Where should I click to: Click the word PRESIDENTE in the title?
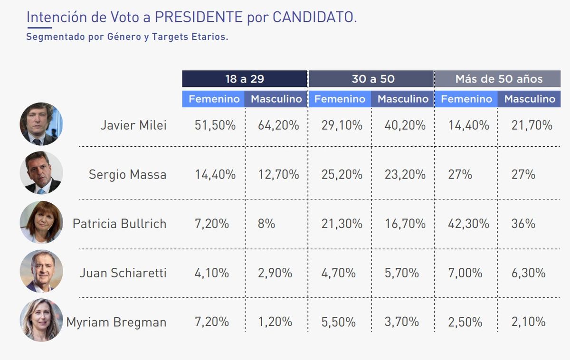click(x=199, y=18)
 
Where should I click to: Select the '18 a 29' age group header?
click(x=244, y=79)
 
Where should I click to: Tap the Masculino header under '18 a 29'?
click(x=276, y=99)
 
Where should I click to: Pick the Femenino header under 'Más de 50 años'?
click(x=466, y=99)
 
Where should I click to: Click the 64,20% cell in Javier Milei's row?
click(x=278, y=125)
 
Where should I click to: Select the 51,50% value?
click(x=215, y=125)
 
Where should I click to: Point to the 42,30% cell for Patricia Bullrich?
click(x=469, y=224)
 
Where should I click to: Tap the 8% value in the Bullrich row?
click(x=266, y=224)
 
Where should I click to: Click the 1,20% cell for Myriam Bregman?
click(x=275, y=322)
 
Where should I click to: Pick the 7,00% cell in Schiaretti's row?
click(x=465, y=273)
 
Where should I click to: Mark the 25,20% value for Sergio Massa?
click(x=342, y=174)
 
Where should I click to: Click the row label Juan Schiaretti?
click(x=123, y=273)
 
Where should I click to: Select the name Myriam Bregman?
click(x=116, y=322)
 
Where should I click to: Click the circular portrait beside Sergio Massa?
click(x=41, y=173)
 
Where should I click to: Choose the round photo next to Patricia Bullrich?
click(x=41, y=222)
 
